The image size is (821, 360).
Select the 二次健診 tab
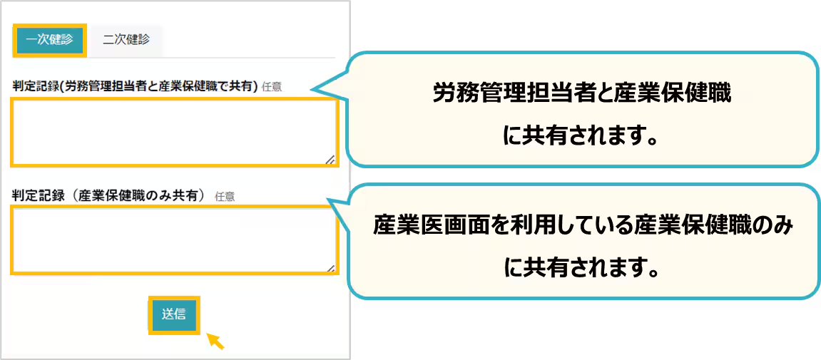[x=126, y=40]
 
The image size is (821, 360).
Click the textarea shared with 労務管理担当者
[x=173, y=132]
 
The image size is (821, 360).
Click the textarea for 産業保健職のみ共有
[x=173, y=240]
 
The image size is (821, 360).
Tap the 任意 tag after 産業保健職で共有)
[x=272, y=87]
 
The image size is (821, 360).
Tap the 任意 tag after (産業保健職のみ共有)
[x=225, y=195]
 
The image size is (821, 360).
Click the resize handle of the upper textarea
[x=330, y=160]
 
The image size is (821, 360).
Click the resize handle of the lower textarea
[x=330, y=267]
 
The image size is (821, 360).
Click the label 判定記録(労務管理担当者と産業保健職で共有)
[x=135, y=86]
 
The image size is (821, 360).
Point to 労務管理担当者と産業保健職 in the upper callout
[x=581, y=94]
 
